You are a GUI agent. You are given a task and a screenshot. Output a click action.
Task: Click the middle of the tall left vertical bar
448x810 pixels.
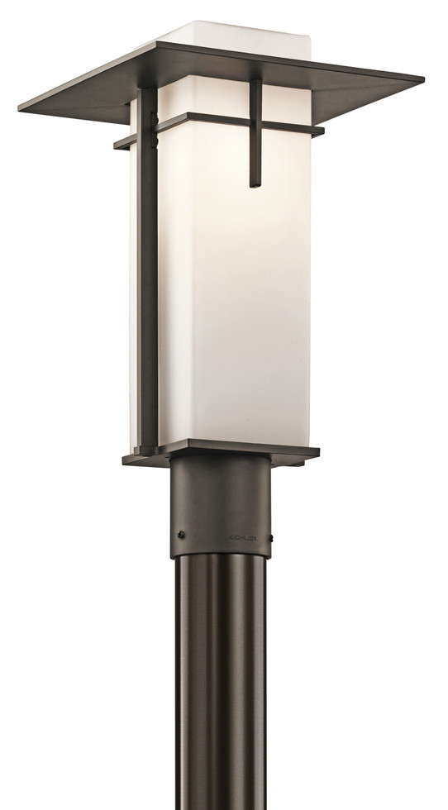click(x=148, y=281)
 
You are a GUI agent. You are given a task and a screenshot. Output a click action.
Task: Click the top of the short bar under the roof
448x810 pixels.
click(x=255, y=86)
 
